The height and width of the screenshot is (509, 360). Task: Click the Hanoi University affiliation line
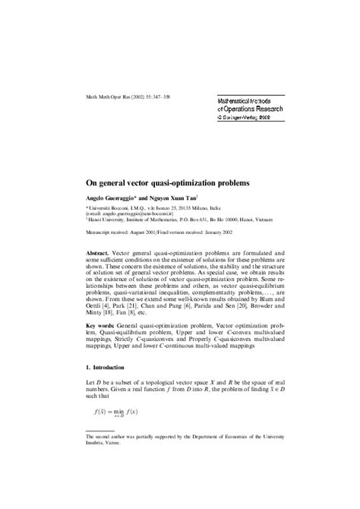[182, 219]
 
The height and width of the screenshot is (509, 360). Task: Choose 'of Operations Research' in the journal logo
[243, 109]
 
